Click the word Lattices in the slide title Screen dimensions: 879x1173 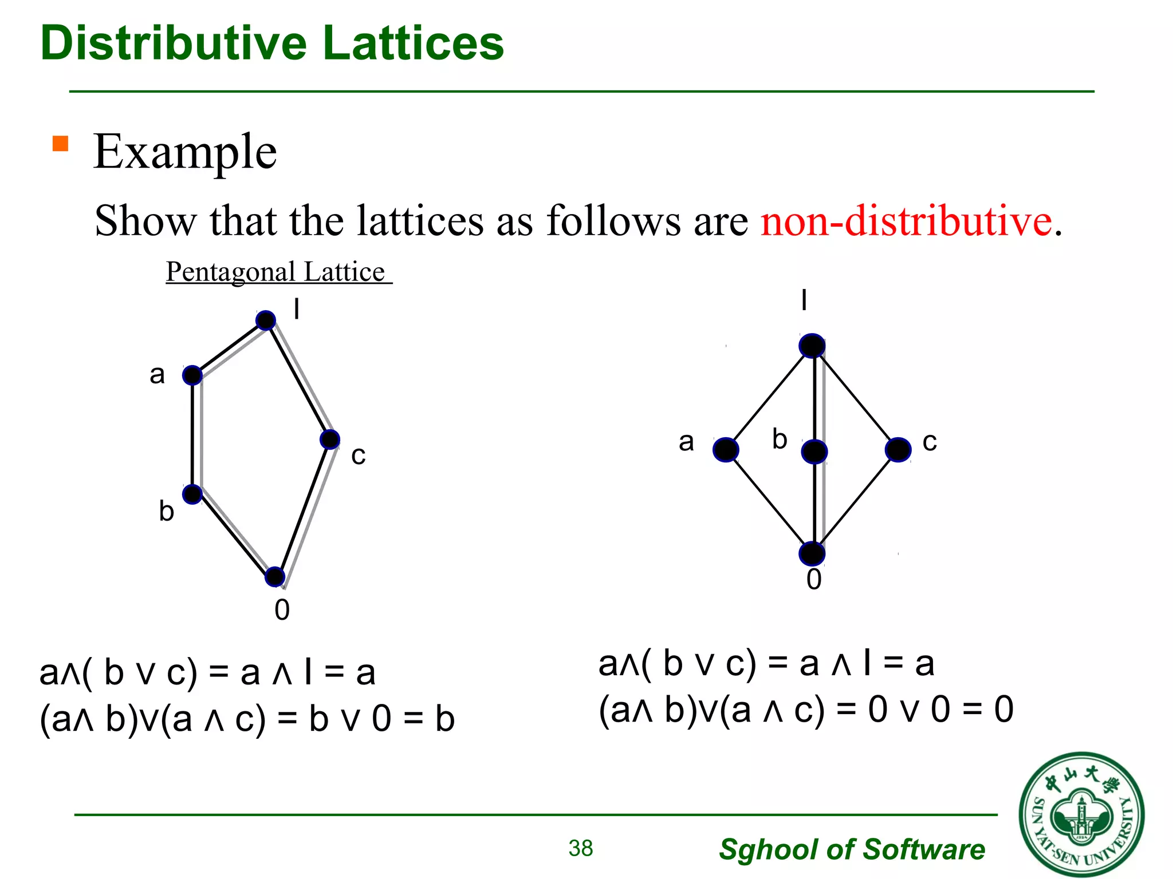[413, 43]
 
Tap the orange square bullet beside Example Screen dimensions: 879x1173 [60, 143]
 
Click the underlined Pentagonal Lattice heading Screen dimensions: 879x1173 [278, 272]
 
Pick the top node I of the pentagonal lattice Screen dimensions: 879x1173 [266, 320]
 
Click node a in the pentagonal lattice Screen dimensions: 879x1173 [192, 376]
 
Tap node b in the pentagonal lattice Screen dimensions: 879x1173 [192, 494]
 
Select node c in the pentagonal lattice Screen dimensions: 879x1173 [330, 439]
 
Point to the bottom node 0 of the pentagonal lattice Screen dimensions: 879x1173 [275, 576]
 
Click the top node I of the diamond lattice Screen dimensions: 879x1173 [812, 346]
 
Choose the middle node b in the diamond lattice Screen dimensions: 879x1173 [814, 452]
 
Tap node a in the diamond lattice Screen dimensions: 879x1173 [726, 450]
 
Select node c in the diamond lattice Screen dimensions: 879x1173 [898, 450]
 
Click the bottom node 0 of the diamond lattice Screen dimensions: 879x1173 [812, 554]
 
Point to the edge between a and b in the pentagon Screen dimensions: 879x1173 [192, 435]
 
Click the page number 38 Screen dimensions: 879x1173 [581, 848]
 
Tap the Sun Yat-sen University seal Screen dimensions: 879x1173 [1081, 815]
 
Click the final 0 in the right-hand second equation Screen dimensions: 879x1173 [1003, 710]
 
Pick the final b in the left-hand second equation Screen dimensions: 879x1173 [444, 719]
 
